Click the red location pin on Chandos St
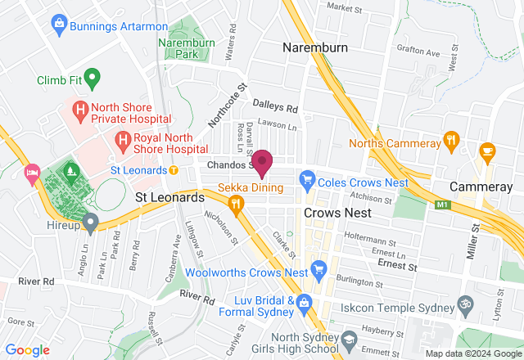262,163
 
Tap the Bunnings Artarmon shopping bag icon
58,26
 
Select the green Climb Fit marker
93,79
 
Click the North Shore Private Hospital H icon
80,108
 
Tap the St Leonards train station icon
174,170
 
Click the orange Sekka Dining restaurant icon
237,204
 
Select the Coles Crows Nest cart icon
307,178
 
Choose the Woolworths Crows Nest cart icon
319,268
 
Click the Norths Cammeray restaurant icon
449,141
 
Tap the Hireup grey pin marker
91,221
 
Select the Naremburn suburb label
316,47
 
